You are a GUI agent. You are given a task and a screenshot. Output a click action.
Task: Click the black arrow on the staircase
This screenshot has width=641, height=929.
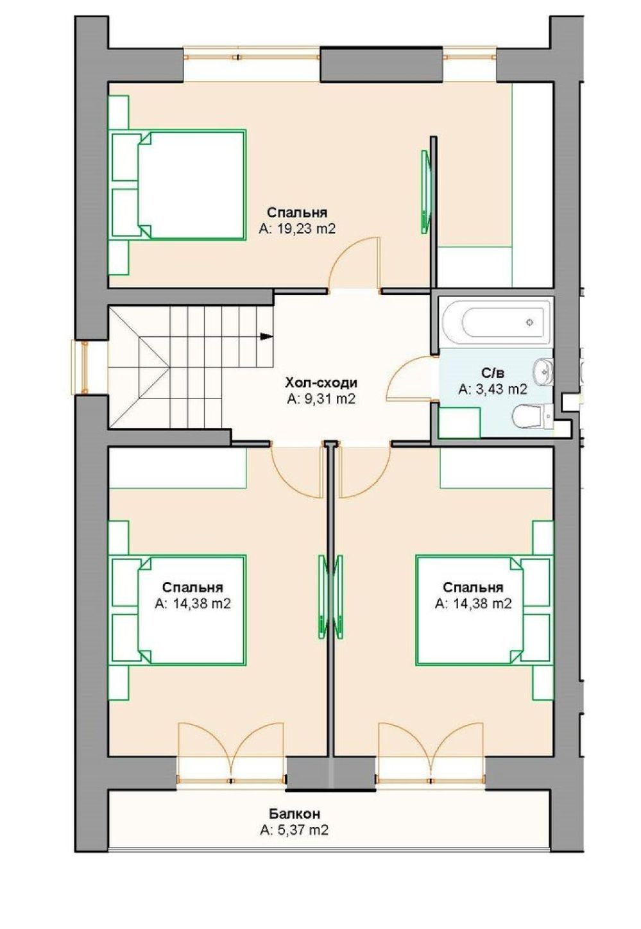[x=266, y=336]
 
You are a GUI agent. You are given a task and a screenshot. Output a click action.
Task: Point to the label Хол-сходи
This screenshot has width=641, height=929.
[x=321, y=382]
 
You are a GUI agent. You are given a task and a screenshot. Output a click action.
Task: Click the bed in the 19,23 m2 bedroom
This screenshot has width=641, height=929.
[x=178, y=185]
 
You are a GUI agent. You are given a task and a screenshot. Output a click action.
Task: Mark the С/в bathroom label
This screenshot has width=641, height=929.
[x=493, y=373]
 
